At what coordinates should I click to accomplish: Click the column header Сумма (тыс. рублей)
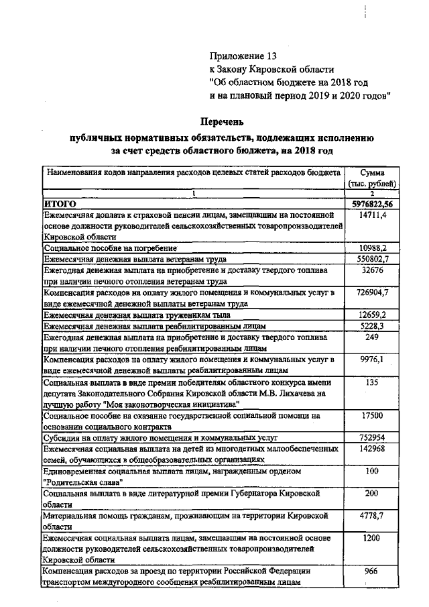click(x=372, y=178)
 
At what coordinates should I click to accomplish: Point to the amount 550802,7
click(x=372, y=258)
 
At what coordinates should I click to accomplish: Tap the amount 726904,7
click(x=372, y=292)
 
